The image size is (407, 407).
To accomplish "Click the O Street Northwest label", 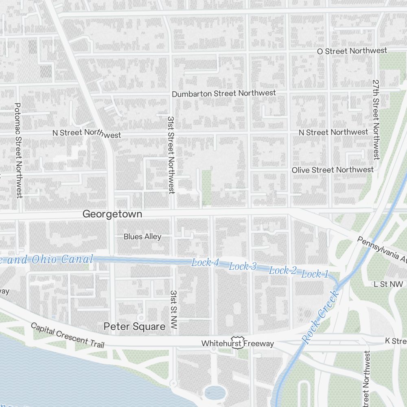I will (x=352, y=51).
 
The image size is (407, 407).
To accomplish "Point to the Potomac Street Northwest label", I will (x=18, y=150).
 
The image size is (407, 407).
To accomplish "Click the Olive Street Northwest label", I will (x=332, y=170).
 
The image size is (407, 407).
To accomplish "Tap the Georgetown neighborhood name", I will (x=112, y=214).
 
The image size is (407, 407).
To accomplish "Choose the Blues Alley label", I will (x=142, y=236).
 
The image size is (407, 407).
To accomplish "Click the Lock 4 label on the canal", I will (x=205, y=263).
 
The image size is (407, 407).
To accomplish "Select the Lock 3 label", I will (x=243, y=267).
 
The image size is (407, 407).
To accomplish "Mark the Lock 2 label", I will (x=283, y=271).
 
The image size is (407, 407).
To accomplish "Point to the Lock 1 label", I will (x=315, y=274).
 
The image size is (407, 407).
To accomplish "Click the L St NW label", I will (x=388, y=284).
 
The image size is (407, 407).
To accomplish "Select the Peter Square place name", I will (x=134, y=326).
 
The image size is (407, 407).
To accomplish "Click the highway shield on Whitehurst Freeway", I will (x=237, y=342).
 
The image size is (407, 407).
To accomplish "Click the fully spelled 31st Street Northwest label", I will (x=171, y=155).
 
